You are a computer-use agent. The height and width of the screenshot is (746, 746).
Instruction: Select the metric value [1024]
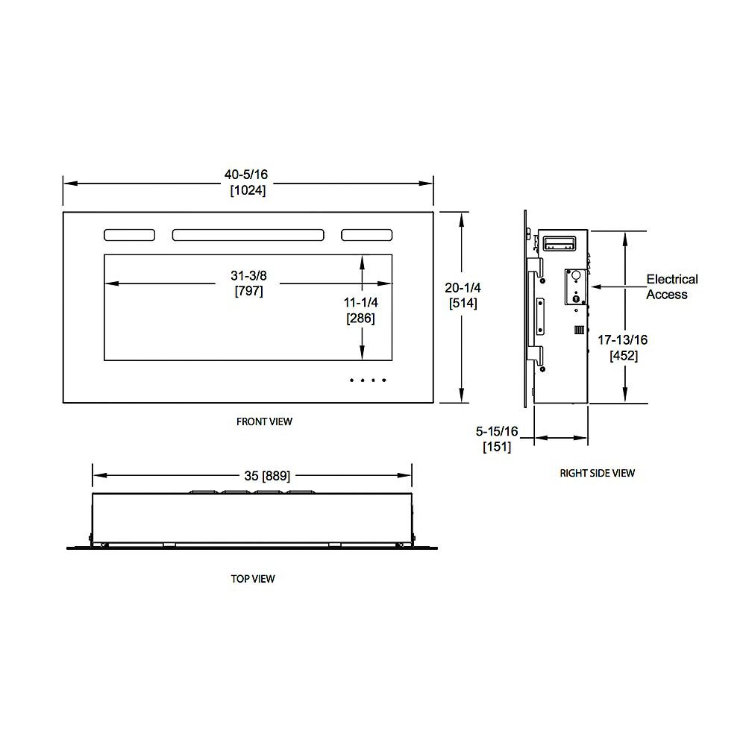247,190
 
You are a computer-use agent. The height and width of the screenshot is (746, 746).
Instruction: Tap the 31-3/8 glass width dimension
248,276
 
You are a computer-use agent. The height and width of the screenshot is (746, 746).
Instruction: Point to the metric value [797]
248,291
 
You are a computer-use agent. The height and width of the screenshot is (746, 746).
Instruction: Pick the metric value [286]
361,318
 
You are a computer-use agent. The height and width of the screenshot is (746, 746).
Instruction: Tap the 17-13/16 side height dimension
623,340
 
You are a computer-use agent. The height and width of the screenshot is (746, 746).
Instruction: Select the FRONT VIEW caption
264,421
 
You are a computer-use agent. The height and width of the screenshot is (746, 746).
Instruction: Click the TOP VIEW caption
253,578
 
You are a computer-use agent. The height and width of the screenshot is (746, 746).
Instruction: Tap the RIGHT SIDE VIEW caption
598,473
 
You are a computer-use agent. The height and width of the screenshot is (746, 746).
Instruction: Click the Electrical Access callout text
671,286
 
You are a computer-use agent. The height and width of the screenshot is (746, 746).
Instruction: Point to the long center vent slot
248,235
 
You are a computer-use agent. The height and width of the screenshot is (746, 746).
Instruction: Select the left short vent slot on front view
130,235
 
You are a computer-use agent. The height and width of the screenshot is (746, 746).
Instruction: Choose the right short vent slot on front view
367,235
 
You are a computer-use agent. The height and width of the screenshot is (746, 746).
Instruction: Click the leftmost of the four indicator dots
352,380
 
